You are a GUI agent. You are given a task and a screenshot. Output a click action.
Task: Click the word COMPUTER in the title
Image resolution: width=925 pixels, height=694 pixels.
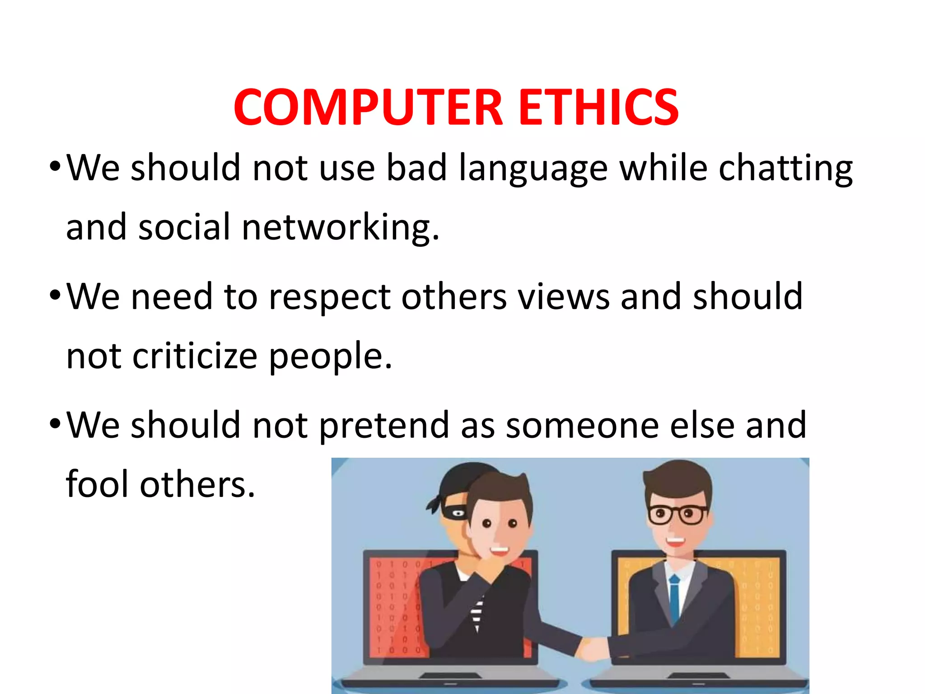(x=368, y=107)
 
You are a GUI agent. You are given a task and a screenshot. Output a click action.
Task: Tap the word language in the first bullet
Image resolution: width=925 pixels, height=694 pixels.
(x=533, y=169)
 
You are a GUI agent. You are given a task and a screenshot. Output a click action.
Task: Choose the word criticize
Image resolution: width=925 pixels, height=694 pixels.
(x=195, y=356)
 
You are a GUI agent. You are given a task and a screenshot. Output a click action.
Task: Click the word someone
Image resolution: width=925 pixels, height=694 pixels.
(x=583, y=426)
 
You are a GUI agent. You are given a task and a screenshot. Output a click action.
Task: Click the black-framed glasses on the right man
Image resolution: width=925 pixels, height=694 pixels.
(x=676, y=515)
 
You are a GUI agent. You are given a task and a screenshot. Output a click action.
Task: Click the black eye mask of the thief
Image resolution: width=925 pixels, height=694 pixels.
(x=454, y=512)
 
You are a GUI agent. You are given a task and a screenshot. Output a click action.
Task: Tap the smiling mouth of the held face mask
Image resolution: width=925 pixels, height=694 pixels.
(x=500, y=551)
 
